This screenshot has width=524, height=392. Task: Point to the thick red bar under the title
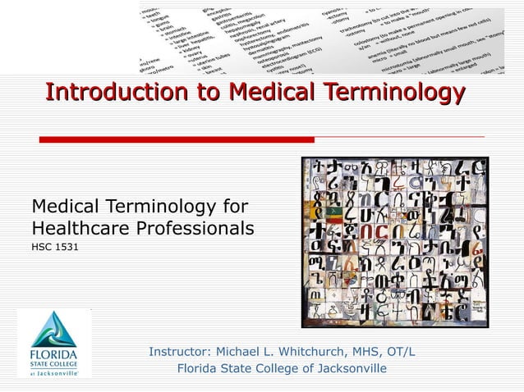coord(177,139)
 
